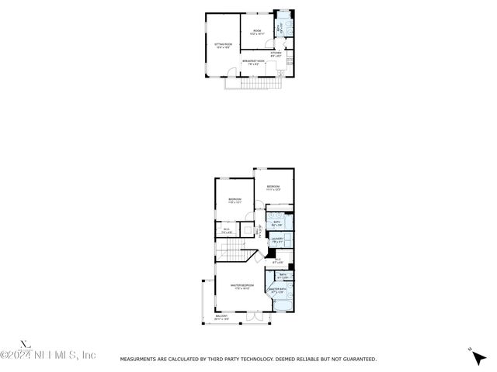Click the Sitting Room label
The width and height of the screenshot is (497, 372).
[x=223, y=46]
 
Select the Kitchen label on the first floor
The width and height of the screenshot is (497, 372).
[x=276, y=55]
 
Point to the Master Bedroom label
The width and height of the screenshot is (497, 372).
[x=239, y=287]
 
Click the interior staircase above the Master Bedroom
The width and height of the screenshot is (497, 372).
[x=235, y=253]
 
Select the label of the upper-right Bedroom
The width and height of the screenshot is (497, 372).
[x=273, y=188]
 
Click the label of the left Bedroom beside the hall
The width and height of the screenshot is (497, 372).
[x=235, y=201]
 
